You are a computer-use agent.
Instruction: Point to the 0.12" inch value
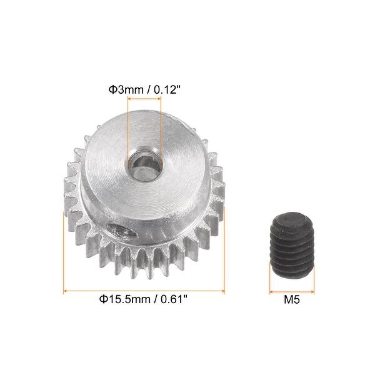point(165,90)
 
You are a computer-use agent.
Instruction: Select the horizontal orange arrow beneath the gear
point(144,290)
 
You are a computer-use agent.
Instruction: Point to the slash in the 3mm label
point(147,90)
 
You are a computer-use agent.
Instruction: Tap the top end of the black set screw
point(292,217)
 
